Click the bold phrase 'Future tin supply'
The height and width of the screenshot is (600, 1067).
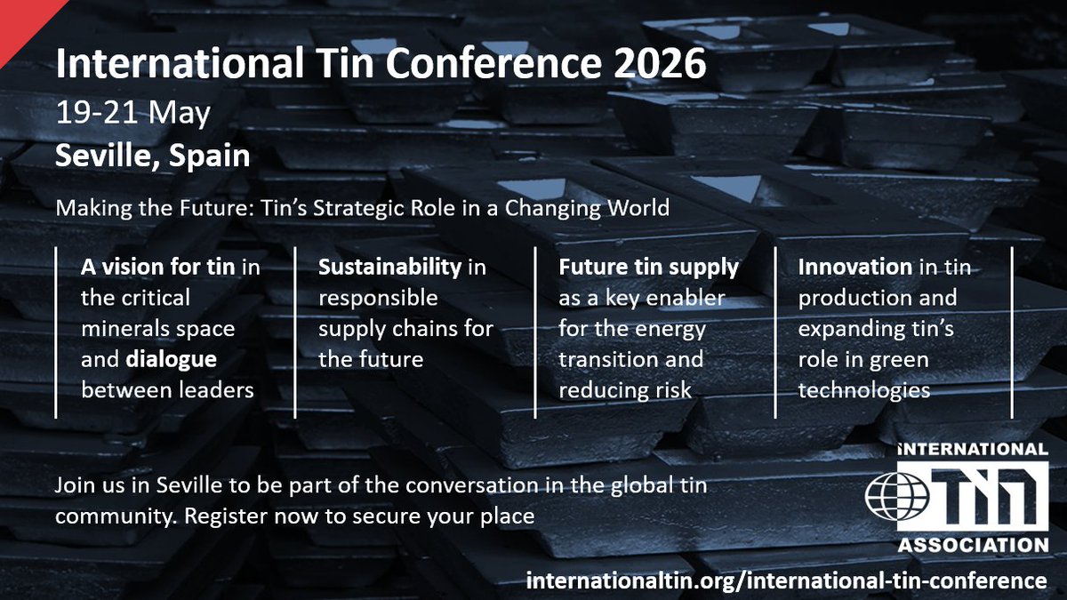[x=648, y=267]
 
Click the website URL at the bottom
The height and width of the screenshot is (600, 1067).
[x=787, y=580]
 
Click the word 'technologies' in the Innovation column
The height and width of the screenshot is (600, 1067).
[x=864, y=390]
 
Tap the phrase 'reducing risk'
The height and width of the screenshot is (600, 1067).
[x=625, y=390]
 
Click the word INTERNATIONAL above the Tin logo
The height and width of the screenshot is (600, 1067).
[x=972, y=450]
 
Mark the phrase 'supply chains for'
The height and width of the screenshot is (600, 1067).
[x=405, y=329]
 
